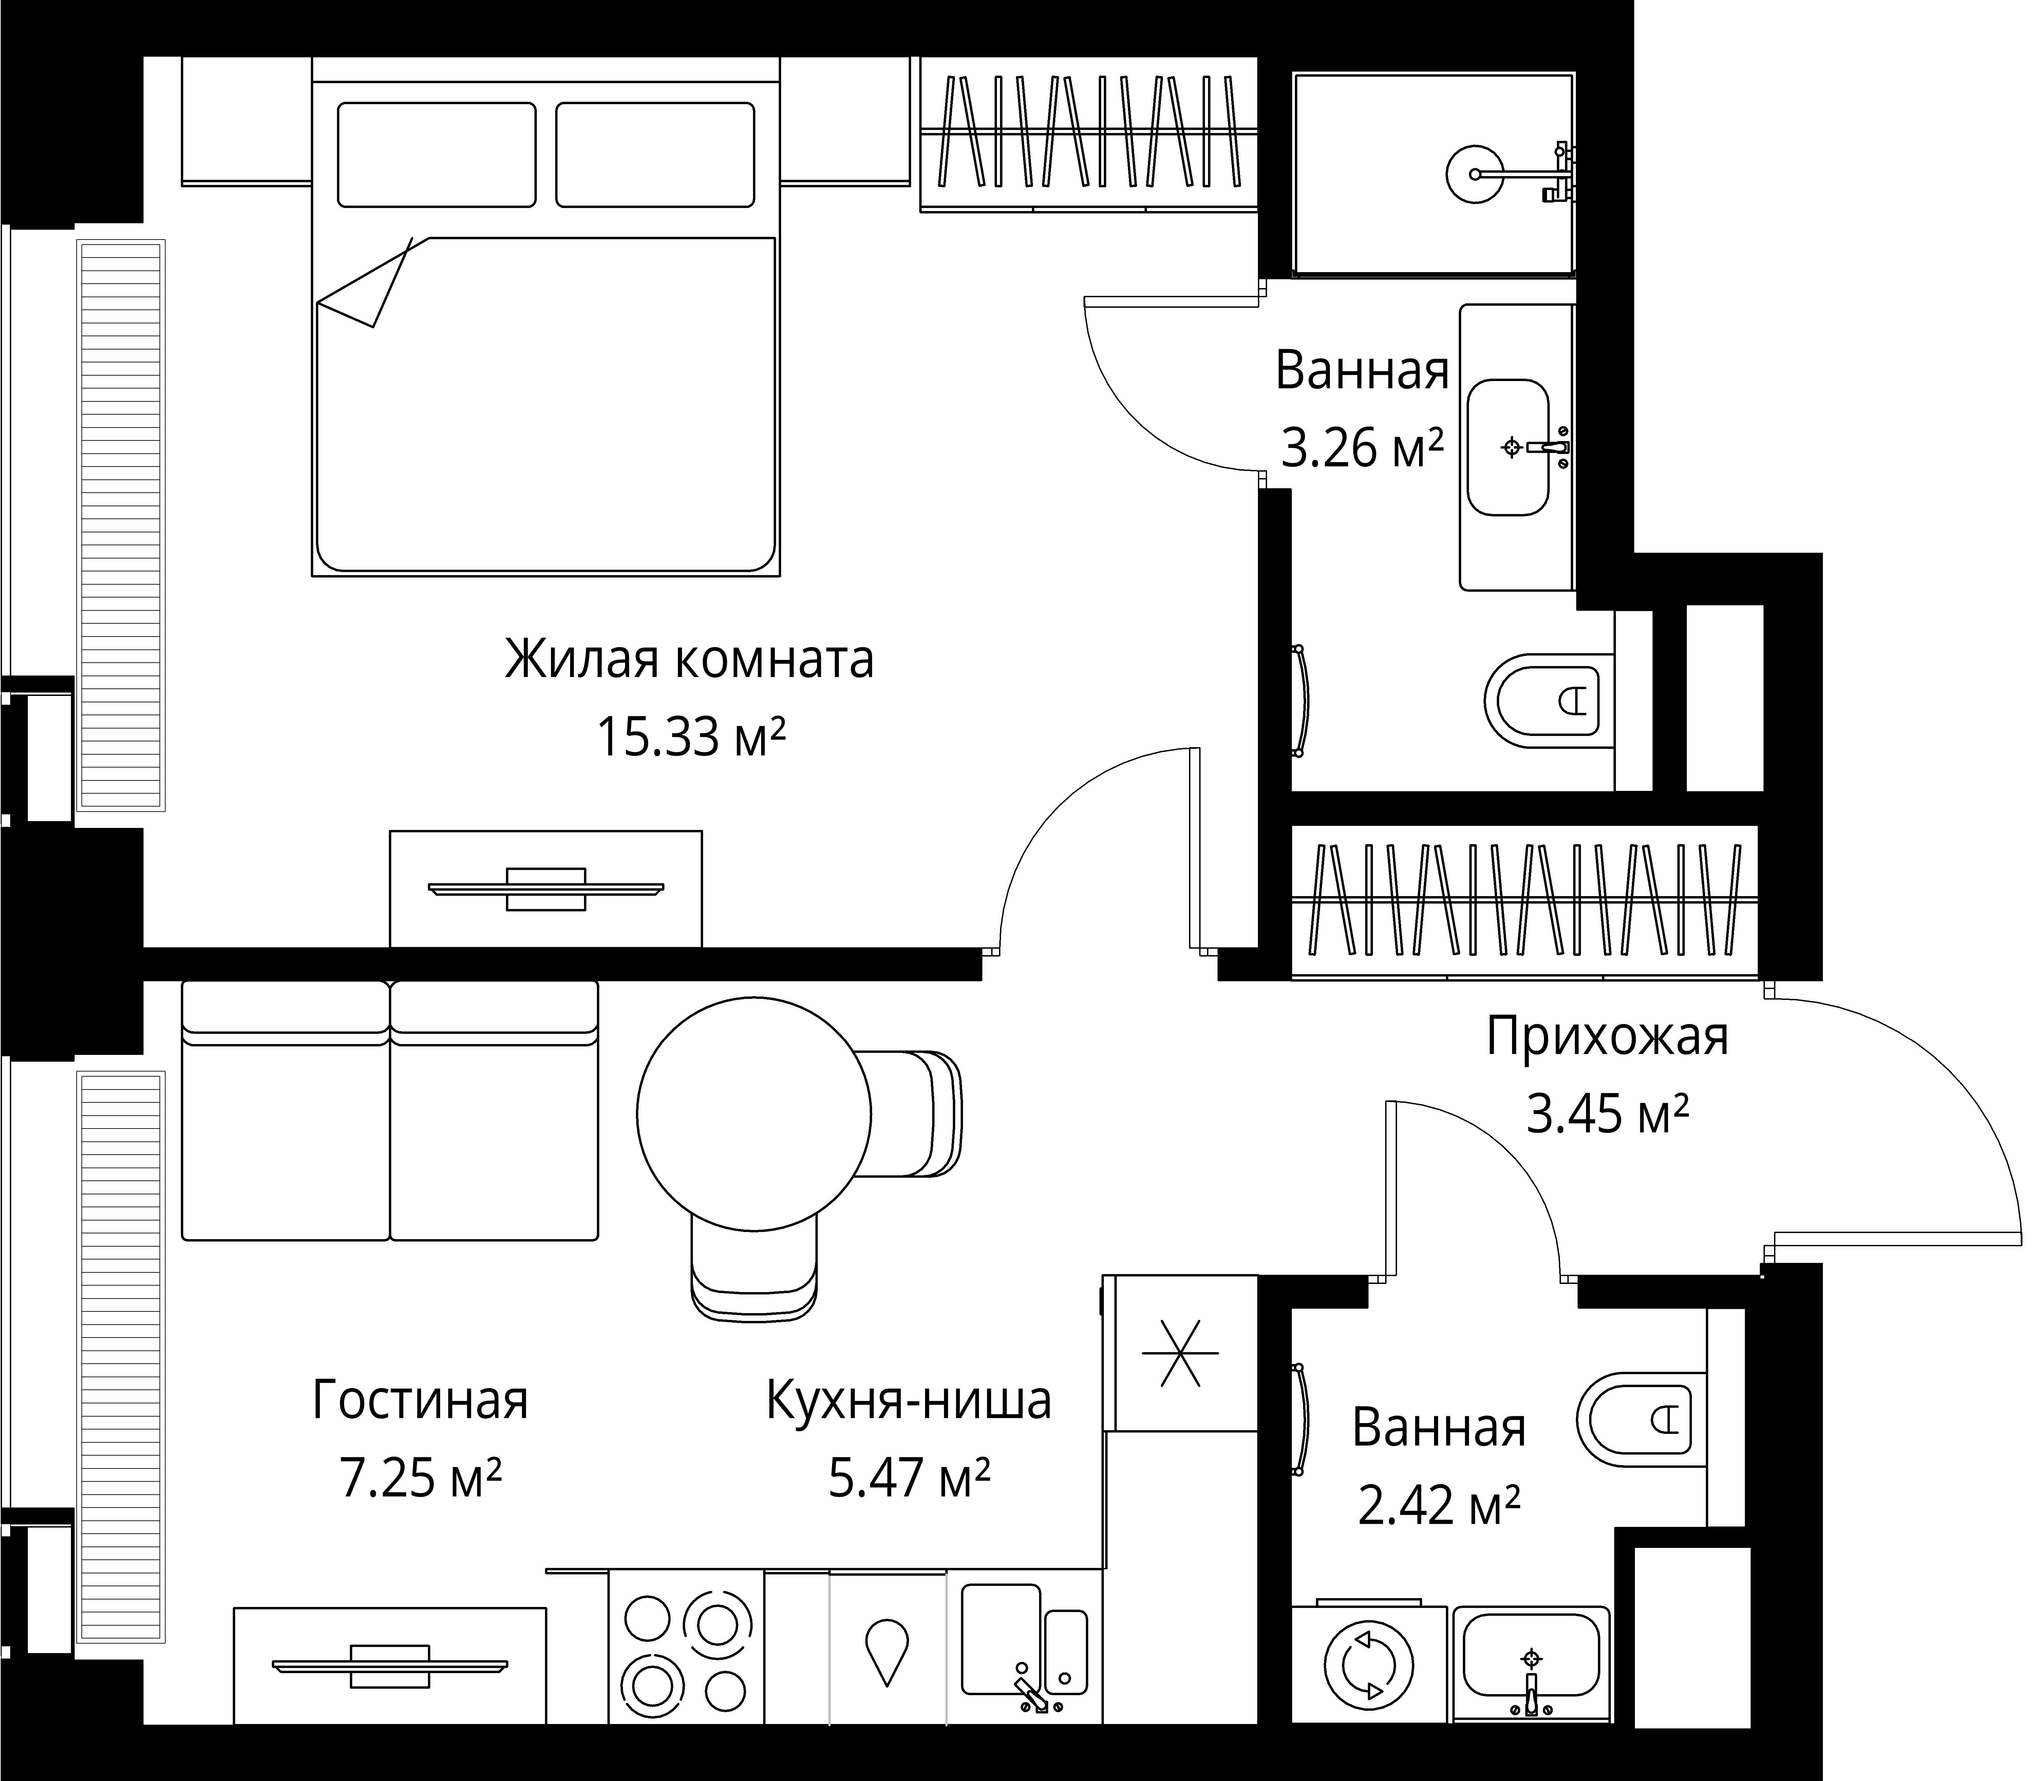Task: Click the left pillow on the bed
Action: (x=436, y=155)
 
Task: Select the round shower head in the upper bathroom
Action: (x=1472, y=174)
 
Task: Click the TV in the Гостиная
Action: (x=390, y=1666)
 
